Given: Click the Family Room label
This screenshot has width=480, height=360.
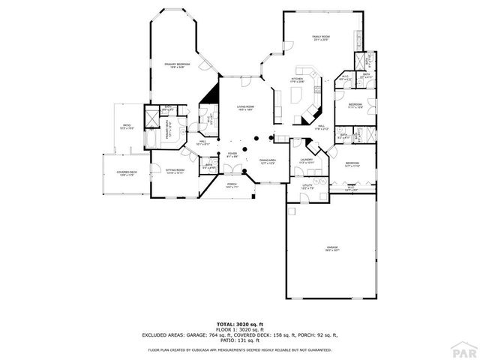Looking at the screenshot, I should click(321, 37).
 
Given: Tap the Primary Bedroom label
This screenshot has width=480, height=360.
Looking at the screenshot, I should click(177, 66).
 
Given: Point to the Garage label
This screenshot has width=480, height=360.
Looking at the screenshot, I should click(331, 248).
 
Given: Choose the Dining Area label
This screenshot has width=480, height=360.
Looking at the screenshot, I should click(268, 161).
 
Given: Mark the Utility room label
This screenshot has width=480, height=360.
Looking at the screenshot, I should click(307, 185).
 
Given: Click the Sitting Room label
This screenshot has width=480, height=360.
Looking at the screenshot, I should click(175, 171).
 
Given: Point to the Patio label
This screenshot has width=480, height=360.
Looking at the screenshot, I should click(127, 127).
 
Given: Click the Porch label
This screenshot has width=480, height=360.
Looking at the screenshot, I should click(232, 184).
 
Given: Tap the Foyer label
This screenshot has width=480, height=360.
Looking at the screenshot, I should click(232, 154).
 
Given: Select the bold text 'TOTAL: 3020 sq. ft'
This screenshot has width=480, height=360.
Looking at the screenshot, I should click(239, 322).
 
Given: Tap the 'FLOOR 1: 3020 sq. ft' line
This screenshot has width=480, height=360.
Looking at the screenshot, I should click(239, 328).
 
